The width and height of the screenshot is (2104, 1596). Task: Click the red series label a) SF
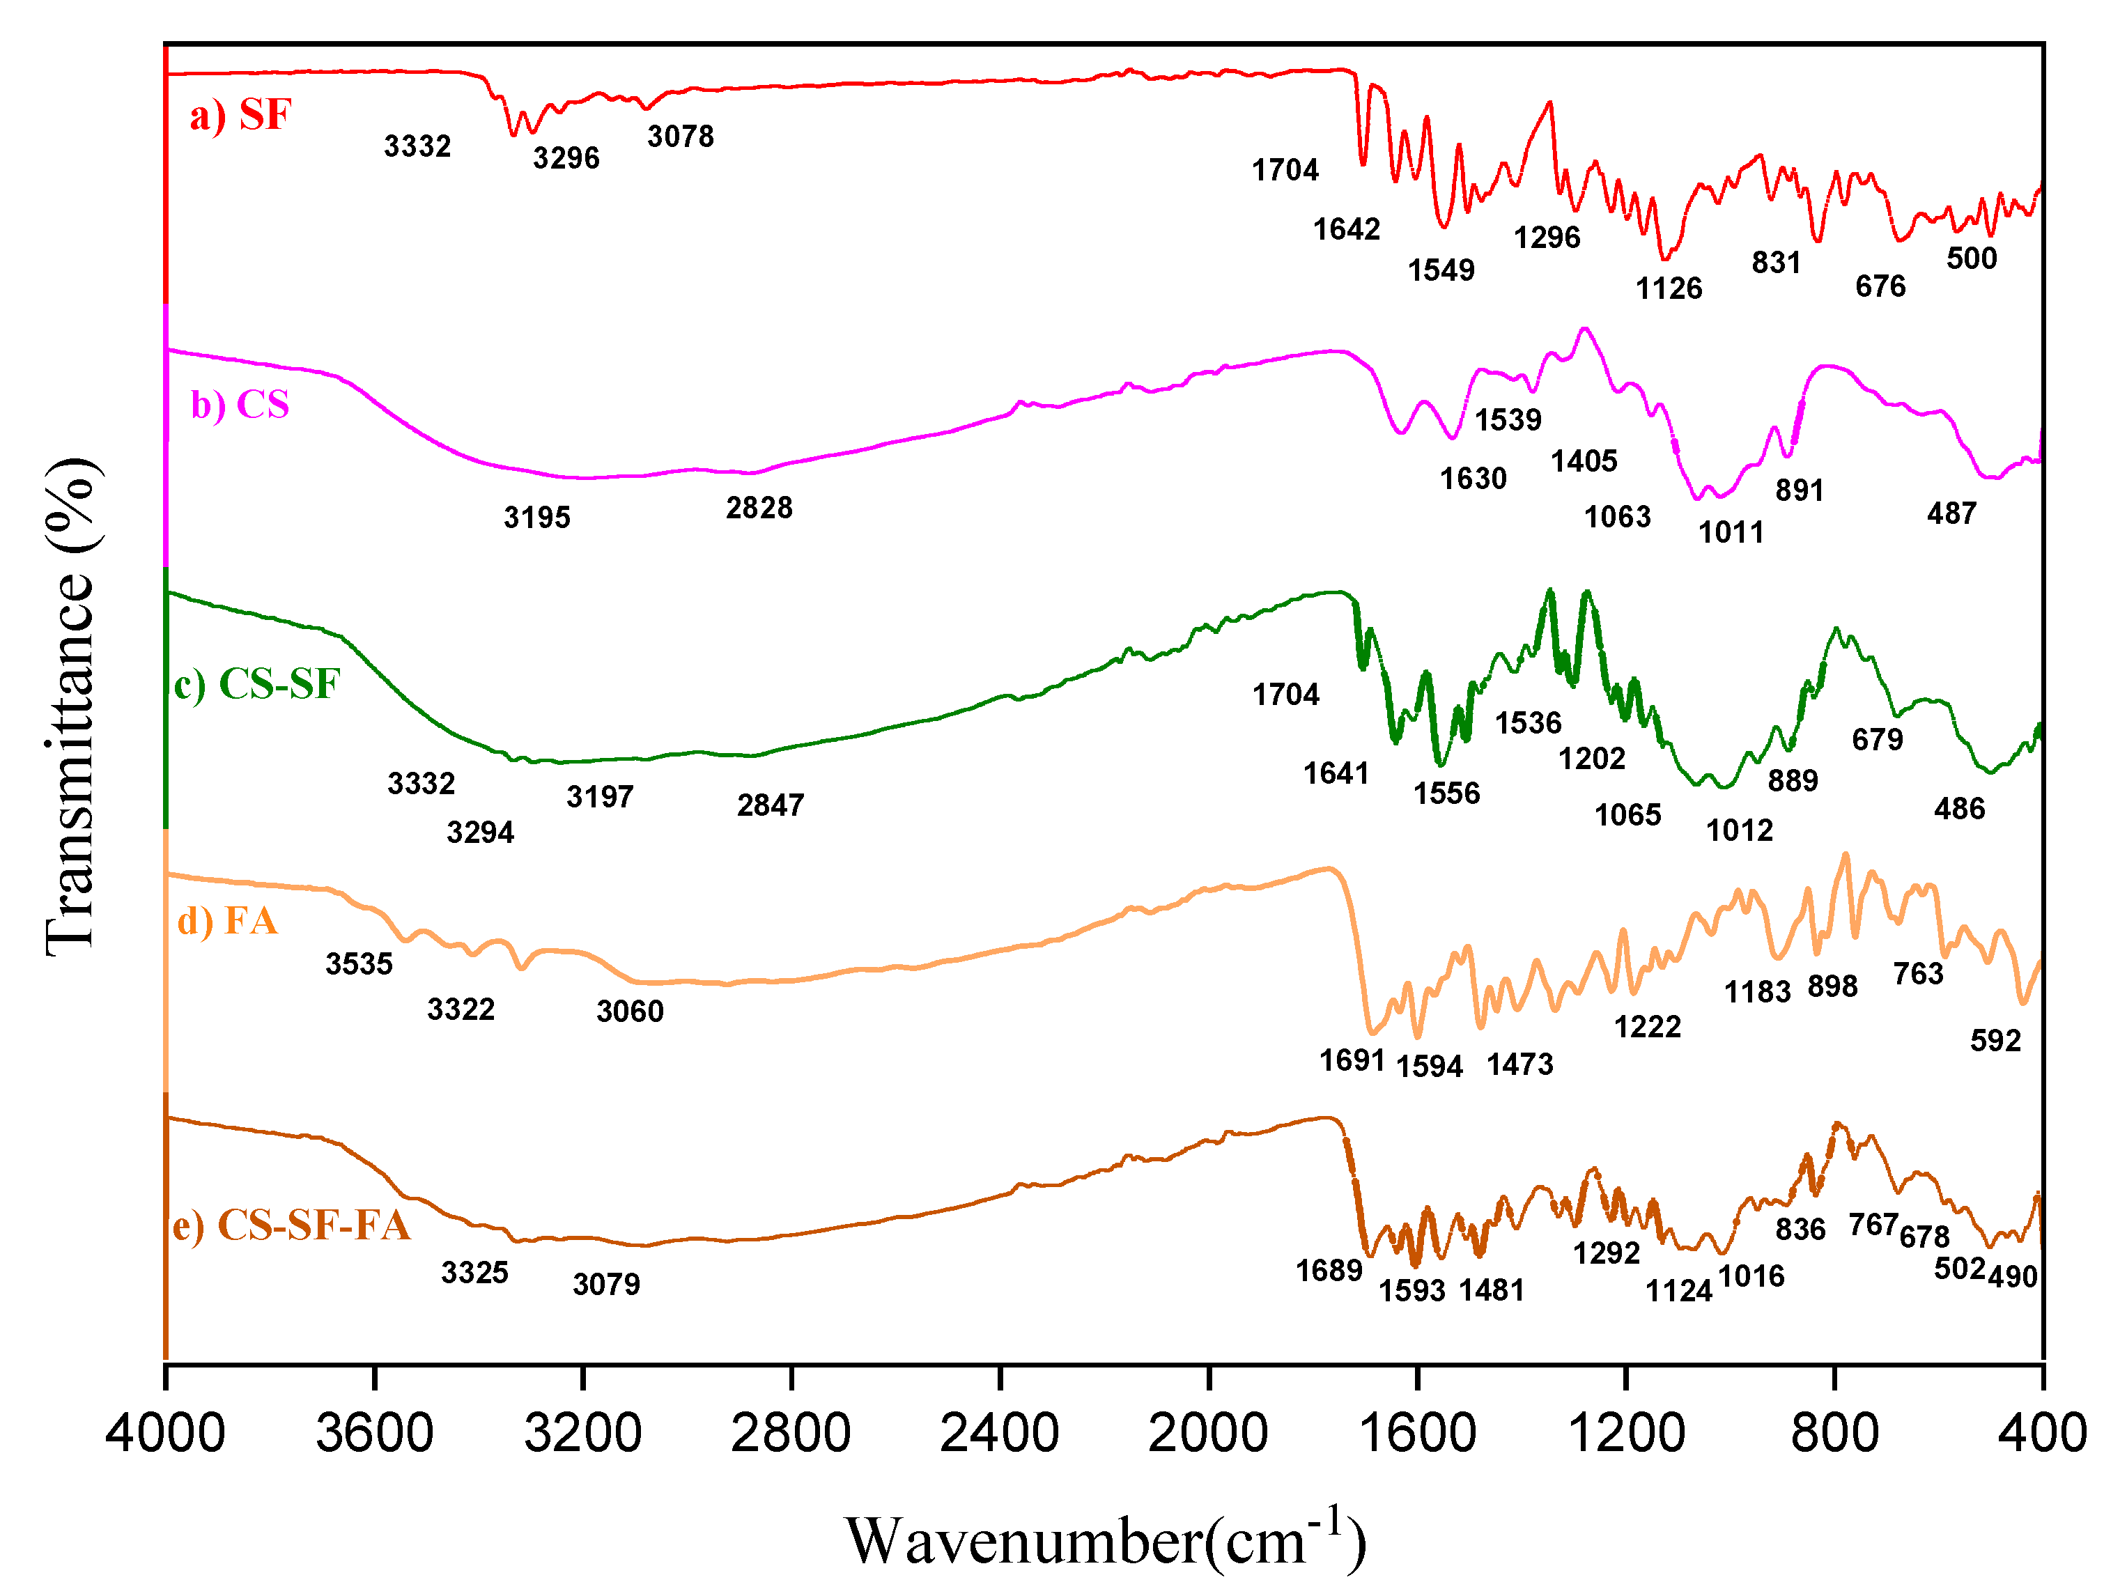click(240, 115)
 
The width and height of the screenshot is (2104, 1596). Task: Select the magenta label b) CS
click(240, 405)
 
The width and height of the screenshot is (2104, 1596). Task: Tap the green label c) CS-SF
click(257, 684)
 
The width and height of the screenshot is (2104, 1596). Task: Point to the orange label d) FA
click(227, 921)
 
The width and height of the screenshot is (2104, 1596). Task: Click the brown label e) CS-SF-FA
click(291, 1225)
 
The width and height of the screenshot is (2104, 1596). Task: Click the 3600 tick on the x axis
click(374, 1434)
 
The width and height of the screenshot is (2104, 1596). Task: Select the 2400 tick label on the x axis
click(1000, 1434)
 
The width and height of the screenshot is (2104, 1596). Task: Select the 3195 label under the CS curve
click(536, 518)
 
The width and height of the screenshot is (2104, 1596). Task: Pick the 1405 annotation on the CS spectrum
click(1584, 461)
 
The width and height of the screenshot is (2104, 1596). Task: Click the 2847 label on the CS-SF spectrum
click(770, 805)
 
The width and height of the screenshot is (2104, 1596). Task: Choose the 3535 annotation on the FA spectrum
click(359, 964)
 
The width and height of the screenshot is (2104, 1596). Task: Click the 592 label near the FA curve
click(1995, 1041)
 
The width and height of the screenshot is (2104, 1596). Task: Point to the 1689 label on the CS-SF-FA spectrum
click(1329, 1271)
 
